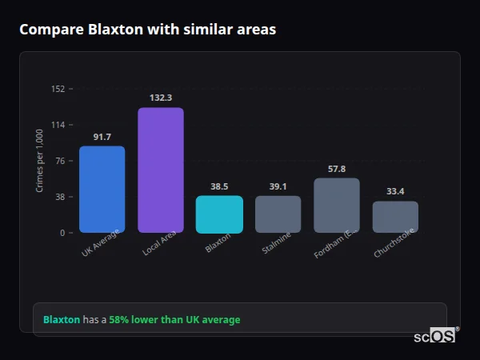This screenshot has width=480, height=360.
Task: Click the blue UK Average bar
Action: coord(102,190)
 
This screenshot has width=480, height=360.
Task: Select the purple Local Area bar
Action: coord(161,170)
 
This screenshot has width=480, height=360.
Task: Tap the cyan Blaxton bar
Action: coord(219,214)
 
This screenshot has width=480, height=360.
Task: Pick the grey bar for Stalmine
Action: coord(278,214)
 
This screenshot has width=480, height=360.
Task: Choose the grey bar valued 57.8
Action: coord(337,206)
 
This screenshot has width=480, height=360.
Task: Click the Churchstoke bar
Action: coord(395,217)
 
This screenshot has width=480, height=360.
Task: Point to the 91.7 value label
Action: coord(102,138)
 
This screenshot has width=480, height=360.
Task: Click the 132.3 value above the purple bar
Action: coord(161,98)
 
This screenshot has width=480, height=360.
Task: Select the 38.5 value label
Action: coord(219,186)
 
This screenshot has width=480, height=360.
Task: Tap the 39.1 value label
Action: coord(278,186)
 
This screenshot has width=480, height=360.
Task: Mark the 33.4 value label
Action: coord(395,191)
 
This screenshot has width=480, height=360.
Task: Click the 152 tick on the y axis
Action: coord(58,89)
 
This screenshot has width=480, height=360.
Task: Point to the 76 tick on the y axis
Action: coord(60,161)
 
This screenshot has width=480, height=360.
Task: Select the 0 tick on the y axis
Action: coord(62,233)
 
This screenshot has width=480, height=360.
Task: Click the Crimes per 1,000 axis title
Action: coord(40,161)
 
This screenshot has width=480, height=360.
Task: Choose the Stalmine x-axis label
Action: coord(277,245)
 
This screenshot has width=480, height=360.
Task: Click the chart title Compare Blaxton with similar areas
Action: coord(148,30)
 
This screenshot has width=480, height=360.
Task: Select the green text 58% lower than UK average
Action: coord(174,320)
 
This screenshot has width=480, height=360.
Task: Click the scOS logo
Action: coord(434,336)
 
